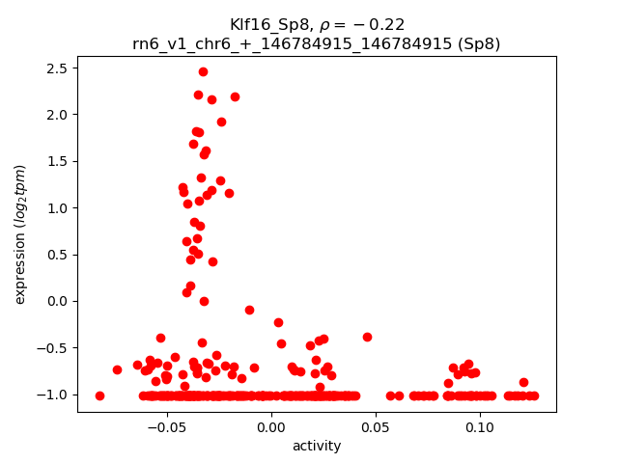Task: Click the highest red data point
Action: coord(203,71)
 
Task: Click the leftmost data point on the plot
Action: coord(99,395)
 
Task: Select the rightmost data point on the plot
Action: coord(533,395)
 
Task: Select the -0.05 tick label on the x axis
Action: coord(166,426)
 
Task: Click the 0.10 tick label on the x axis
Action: coord(480,426)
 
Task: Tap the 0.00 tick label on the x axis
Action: coord(271,426)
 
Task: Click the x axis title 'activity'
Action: coord(316,446)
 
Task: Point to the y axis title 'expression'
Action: coord(20,234)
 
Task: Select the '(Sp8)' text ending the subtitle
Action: coord(479,43)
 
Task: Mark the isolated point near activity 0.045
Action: coord(367,337)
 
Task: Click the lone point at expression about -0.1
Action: coord(249,310)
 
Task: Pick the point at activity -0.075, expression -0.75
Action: coord(117,369)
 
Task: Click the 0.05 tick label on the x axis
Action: coord(376,426)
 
